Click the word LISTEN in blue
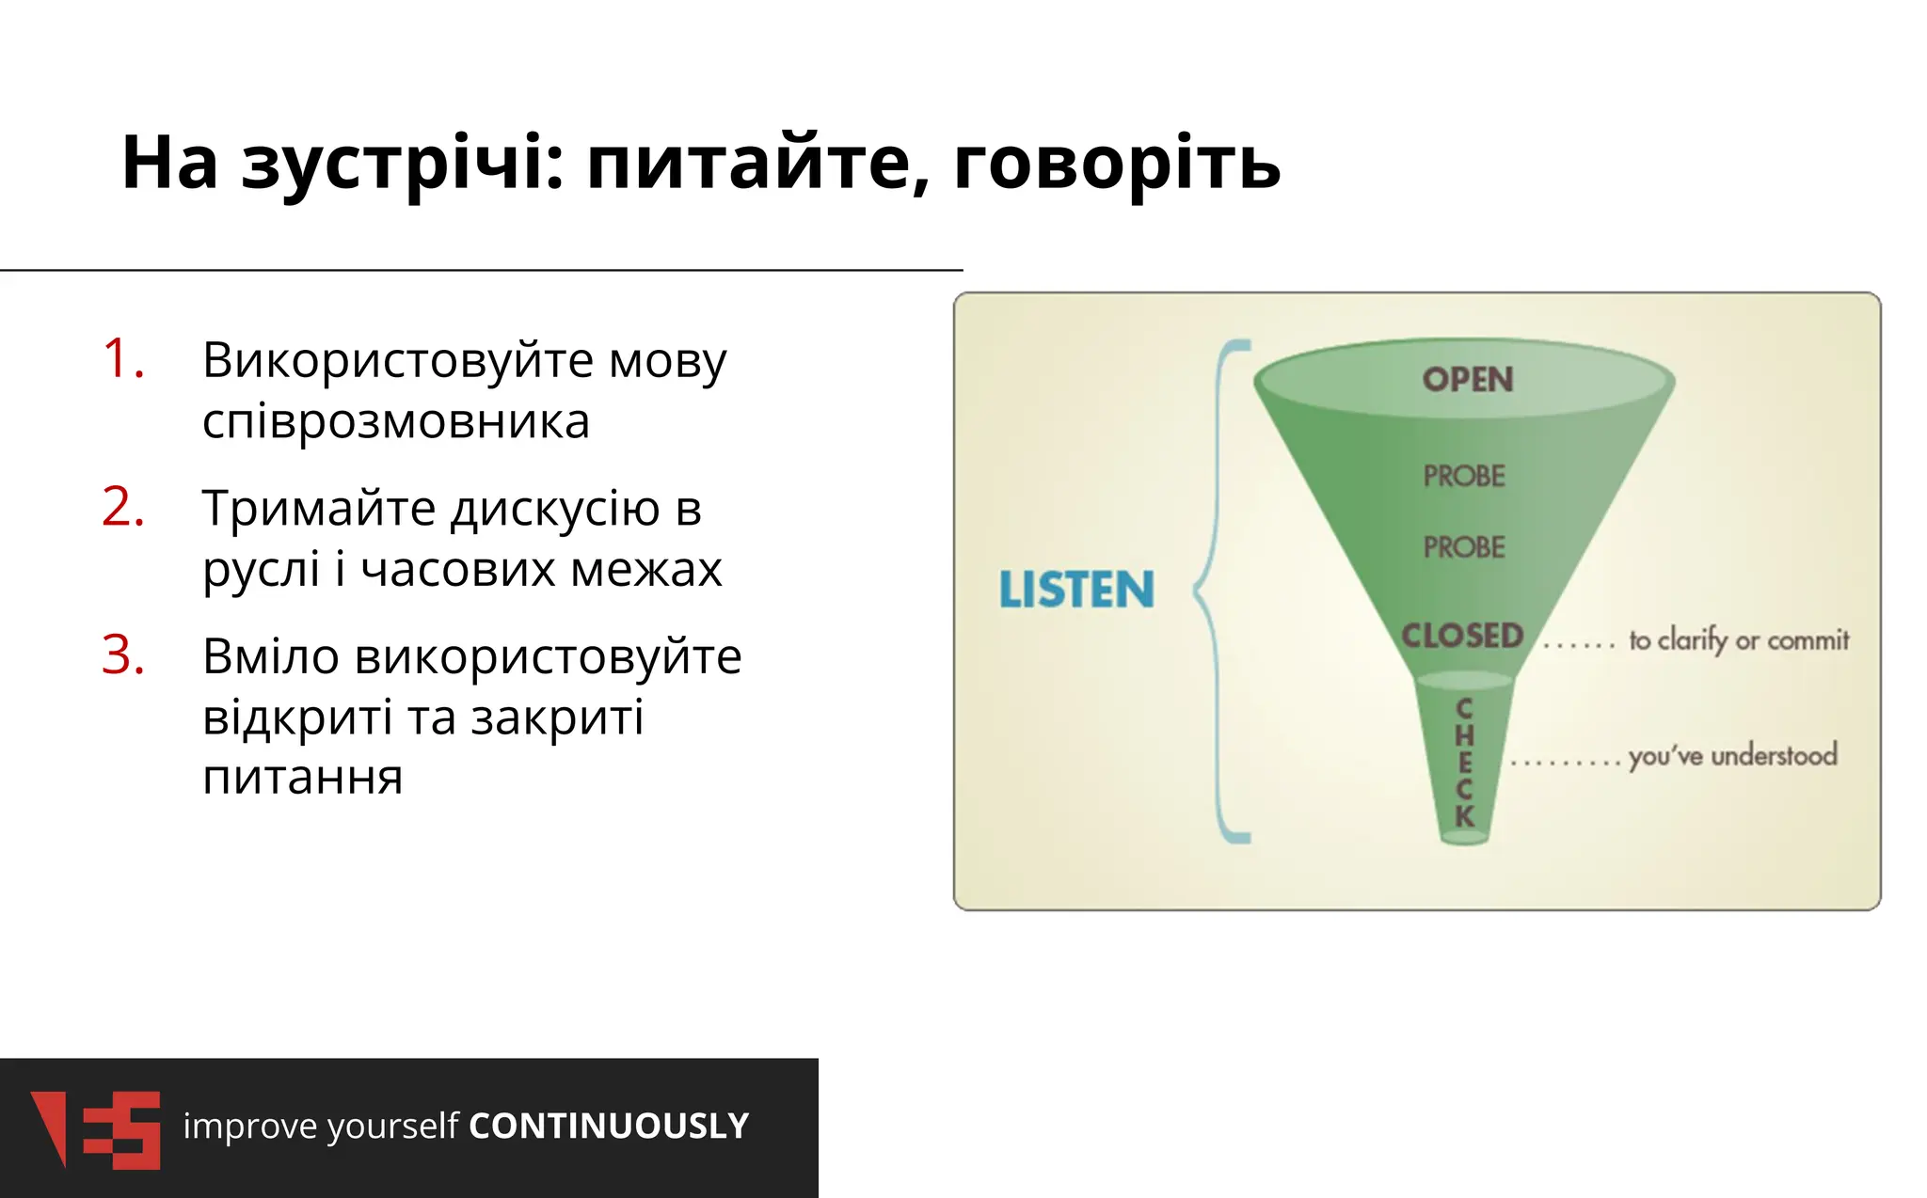[1075, 590]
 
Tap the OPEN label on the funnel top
[1467, 380]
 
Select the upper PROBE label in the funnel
[1463, 476]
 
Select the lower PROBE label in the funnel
[1463, 547]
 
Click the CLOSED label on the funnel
[1461, 636]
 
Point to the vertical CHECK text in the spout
[1464, 763]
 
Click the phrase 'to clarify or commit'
[1738, 640]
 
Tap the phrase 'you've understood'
[1731, 756]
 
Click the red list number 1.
[122, 359]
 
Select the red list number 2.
[122, 508]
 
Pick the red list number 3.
[122, 655]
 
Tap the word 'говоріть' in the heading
[1116, 163]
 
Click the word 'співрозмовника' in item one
[396, 420]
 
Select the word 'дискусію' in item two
[555, 510]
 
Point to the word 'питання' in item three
[302, 777]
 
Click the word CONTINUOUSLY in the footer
[609, 1126]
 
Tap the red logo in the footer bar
[95, 1128]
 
